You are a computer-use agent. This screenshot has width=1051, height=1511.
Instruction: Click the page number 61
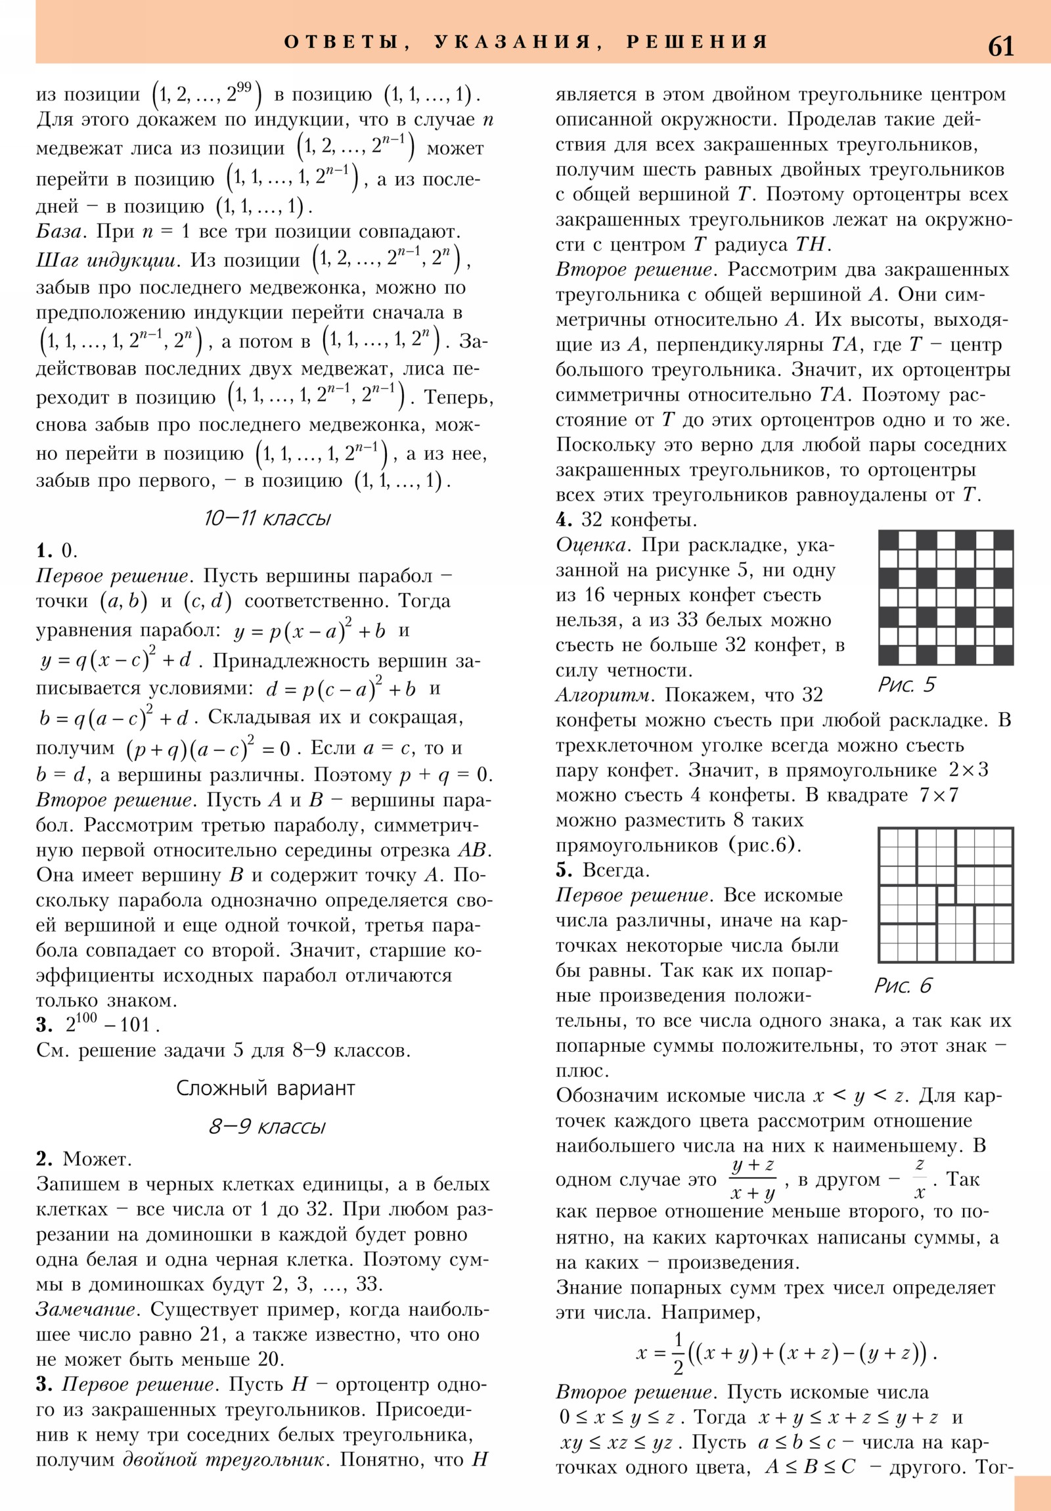pyautogui.click(x=1000, y=47)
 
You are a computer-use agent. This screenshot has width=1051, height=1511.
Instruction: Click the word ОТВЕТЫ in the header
pyautogui.click(x=342, y=42)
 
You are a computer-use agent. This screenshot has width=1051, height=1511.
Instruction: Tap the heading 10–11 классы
pyautogui.click(x=267, y=518)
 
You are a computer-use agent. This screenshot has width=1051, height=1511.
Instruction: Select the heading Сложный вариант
pyautogui.click(x=265, y=1088)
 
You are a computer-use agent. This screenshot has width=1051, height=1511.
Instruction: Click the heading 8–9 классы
pyautogui.click(x=267, y=1126)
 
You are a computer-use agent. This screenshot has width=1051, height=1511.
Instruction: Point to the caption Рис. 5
pyautogui.click(x=906, y=685)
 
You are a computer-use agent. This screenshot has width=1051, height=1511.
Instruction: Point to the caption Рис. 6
pyautogui.click(x=903, y=985)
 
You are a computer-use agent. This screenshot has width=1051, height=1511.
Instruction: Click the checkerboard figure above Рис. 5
pyautogui.click(x=945, y=598)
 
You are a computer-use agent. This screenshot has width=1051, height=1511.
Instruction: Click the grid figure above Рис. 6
pyautogui.click(x=945, y=895)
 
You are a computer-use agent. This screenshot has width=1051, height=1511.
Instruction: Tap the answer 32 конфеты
pyautogui.click(x=638, y=520)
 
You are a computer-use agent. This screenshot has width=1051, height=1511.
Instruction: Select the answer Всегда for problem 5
pyautogui.click(x=616, y=870)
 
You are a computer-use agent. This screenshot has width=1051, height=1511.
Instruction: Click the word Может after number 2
pyautogui.click(x=97, y=1158)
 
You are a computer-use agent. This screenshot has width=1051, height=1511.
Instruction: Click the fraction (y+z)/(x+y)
pyautogui.click(x=753, y=1179)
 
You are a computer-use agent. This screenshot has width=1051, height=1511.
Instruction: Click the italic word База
pyautogui.click(x=59, y=232)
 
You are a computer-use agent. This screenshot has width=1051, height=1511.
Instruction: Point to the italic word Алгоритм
pyautogui.click(x=605, y=695)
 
